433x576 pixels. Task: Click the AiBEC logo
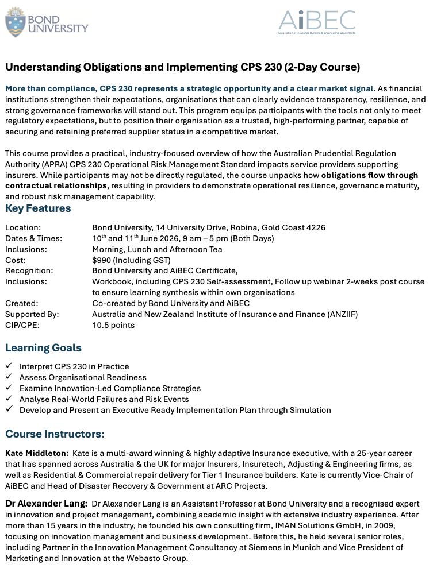[x=317, y=22]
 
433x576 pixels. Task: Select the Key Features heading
[x=38, y=208]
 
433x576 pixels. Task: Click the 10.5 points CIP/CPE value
[x=113, y=325]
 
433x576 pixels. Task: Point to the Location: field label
[x=23, y=227]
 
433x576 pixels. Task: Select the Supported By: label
[x=32, y=314]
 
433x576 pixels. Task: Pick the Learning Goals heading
[x=43, y=347]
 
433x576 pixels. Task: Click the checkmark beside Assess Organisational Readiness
[x=8, y=377]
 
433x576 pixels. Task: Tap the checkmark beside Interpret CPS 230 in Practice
[x=8, y=366]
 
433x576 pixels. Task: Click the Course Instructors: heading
[x=55, y=434]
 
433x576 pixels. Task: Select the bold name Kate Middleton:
[x=37, y=453]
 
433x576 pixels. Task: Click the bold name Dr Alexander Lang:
[x=46, y=504]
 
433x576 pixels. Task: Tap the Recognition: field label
[x=29, y=270]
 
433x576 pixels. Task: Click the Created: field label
[x=21, y=303]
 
